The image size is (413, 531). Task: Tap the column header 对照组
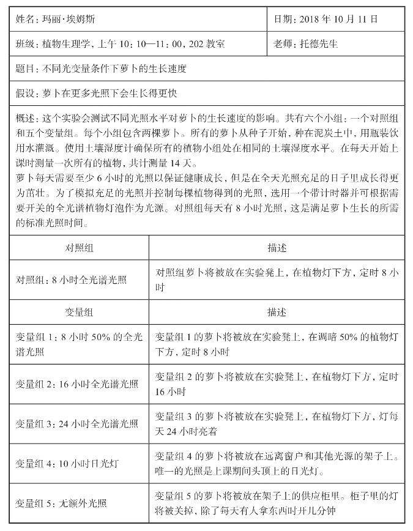tap(79, 248)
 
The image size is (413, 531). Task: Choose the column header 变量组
tap(79, 312)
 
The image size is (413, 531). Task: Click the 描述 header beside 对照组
tap(277, 248)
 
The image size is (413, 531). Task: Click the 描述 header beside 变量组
tap(277, 312)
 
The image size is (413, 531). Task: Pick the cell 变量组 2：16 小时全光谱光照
tap(77, 384)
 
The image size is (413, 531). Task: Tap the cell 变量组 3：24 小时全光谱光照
tap(77, 423)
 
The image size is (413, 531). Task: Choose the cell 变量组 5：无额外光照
tap(61, 503)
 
